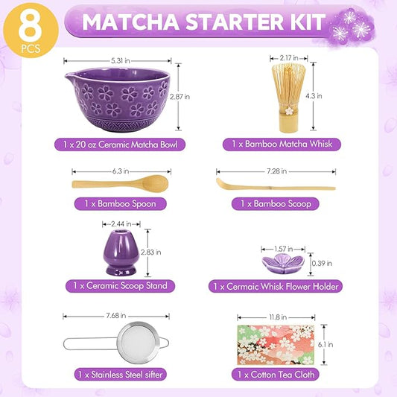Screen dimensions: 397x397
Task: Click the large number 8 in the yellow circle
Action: (x=30, y=27)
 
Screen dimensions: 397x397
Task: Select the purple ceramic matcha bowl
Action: (x=117, y=100)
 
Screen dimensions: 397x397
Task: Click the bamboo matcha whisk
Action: (x=289, y=98)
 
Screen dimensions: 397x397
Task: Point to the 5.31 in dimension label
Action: (x=121, y=61)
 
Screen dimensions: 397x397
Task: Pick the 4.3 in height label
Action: (x=314, y=96)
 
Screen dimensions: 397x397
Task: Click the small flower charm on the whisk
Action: (x=289, y=111)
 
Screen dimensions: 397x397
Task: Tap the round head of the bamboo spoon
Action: (x=155, y=183)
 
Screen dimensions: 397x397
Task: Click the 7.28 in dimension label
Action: (x=277, y=171)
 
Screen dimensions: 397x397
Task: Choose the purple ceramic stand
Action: (x=121, y=253)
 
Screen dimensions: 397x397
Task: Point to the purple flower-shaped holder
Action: (x=283, y=264)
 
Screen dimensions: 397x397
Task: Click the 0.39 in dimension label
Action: (x=322, y=264)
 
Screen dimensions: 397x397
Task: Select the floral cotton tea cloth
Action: (x=276, y=345)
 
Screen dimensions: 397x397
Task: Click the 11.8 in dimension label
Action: (x=278, y=317)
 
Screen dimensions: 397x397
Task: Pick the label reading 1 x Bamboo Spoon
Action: (x=120, y=204)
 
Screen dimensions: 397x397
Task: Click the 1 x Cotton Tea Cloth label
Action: (x=276, y=375)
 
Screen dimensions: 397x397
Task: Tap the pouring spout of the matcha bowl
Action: (x=69, y=75)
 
